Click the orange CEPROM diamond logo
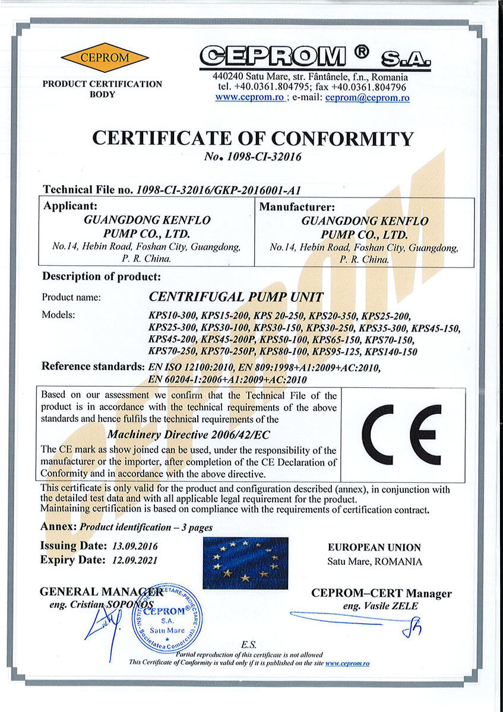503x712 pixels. coord(105,57)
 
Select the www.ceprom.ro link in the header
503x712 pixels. coord(249,98)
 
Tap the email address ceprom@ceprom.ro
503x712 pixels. coord(367,98)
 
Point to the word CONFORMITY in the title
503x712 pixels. coord(340,138)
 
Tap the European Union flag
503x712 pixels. coord(245,562)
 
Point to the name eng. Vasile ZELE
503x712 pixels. coord(380,606)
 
